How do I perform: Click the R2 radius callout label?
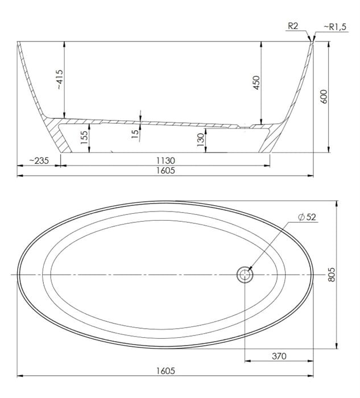293,26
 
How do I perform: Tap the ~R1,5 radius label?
335,27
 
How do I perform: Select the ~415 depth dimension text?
59,80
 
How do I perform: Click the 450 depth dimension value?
256,82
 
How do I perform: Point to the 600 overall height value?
324,97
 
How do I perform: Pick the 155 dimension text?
84,138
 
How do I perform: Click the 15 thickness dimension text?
135,134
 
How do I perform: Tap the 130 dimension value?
201,140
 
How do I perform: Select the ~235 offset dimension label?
39,161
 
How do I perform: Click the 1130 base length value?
165,161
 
